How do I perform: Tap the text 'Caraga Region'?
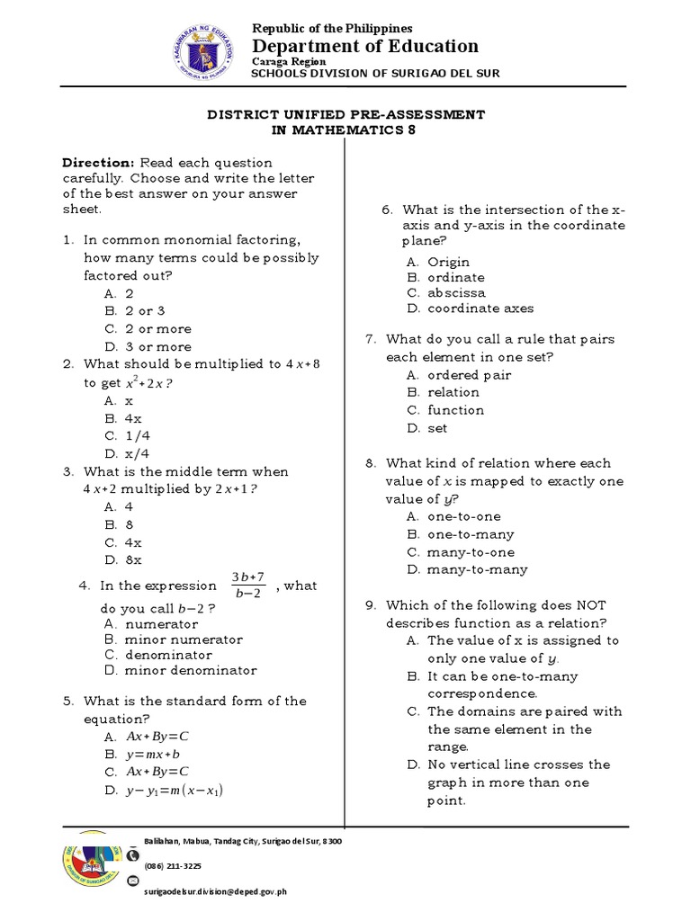[288, 61]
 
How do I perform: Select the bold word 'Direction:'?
[97, 163]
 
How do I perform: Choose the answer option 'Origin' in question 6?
[448, 262]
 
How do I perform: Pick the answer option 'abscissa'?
[456, 292]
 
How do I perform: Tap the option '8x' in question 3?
[133, 560]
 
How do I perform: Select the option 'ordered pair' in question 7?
[469, 375]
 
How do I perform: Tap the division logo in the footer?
[92, 865]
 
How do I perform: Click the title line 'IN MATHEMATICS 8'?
[346, 130]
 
